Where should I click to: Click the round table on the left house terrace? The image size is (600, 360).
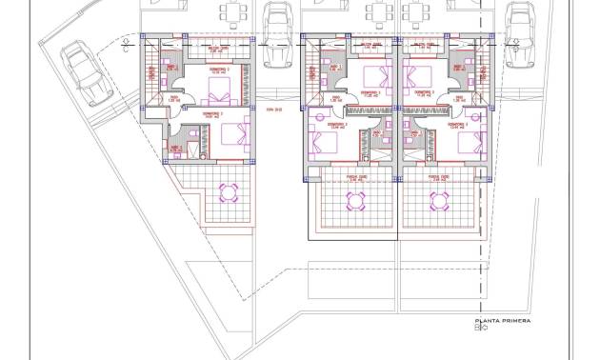coord(229,193)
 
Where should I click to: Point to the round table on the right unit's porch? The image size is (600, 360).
coord(438,200)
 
